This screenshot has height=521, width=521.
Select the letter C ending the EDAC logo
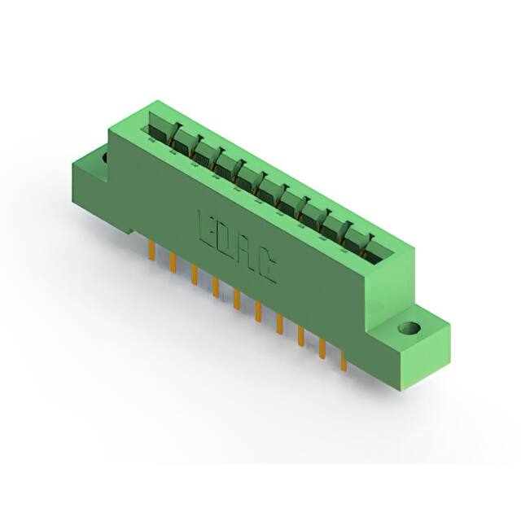click(x=266, y=269)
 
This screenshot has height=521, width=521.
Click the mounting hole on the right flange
click(x=409, y=330)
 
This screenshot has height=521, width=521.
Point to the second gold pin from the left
click(x=173, y=260)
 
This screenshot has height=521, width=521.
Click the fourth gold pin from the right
click(x=279, y=322)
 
